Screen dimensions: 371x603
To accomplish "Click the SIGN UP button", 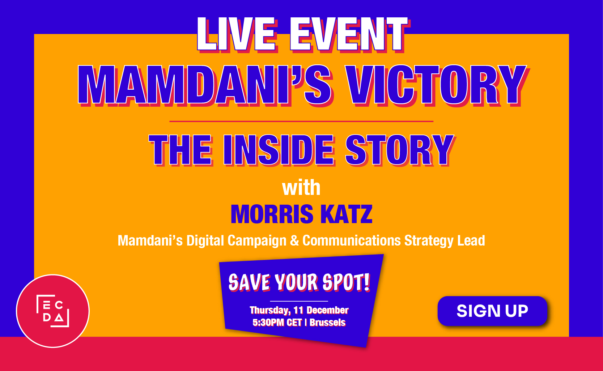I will (492, 311).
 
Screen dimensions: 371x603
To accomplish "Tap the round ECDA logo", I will (53, 311).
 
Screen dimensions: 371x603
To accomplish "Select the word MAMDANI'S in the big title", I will (204, 85).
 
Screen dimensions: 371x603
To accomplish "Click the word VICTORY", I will (436, 85).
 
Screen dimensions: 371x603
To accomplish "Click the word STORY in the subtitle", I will (399, 150).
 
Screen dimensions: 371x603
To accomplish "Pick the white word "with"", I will (301, 188).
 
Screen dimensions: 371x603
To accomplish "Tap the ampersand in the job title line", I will (294, 241).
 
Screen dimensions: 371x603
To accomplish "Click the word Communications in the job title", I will (352, 241).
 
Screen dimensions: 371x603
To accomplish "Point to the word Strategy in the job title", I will (429, 241).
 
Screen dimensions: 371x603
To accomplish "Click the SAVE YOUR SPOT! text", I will (299, 282).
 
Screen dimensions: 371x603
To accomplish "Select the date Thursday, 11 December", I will (299, 310).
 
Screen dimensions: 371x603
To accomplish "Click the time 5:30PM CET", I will (277, 323).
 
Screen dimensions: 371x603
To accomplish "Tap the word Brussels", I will (327, 323).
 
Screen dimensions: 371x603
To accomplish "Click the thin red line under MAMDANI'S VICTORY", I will (301, 121).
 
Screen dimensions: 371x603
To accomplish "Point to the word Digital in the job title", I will (205, 241).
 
